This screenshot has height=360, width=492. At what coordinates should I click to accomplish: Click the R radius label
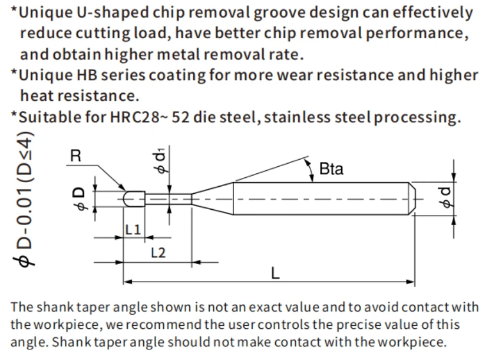pyautogui.click(x=75, y=156)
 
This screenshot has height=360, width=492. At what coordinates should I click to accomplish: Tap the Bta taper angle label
pyautogui.click(x=331, y=169)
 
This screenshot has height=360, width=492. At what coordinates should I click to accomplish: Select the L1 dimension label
pyautogui.click(x=133, y=230)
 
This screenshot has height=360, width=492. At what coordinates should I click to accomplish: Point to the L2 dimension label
pyautogui.click(x=158, y=253)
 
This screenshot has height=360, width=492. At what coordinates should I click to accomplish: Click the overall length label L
pyautogui.click(x=275, y=273)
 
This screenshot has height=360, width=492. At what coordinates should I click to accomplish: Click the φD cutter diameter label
pyautogui.click(x=80, y=199)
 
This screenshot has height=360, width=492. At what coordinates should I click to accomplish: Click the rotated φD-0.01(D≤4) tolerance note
pyautogui.click(x=25, y=199)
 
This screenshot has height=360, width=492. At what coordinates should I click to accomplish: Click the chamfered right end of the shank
pyautogui.click(x=412, y=199)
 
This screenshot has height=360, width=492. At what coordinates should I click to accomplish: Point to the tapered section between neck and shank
pyautogui.click(x=213, y=199)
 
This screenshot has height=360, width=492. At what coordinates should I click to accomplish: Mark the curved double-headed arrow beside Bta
pyautogui.click(x=310, y=170)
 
